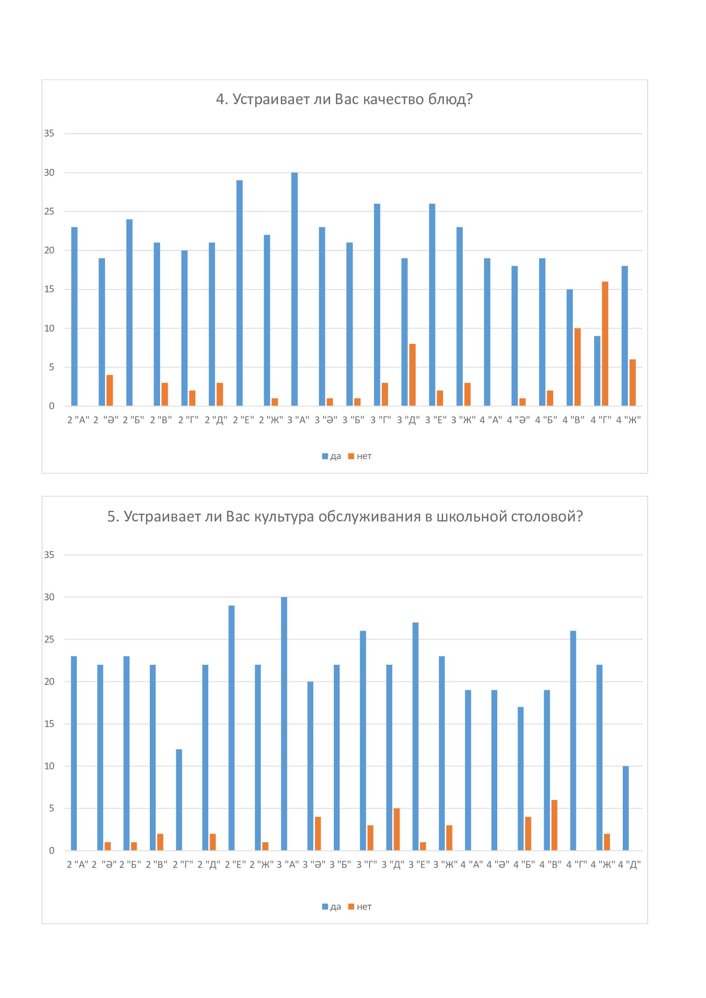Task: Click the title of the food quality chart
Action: pos(344,99)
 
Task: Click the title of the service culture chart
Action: pos(344,516)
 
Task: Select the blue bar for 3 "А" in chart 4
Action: pos(295,289)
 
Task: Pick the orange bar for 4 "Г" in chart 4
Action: pos(605,344)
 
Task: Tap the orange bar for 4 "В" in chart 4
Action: pos(578,367)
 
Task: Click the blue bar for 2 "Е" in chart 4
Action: pos(239,293)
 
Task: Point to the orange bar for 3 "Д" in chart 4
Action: pos(412,375)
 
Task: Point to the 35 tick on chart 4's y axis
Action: pos(49,134)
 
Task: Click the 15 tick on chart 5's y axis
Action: pos(49,724)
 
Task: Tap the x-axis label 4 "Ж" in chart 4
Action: pos(628,420)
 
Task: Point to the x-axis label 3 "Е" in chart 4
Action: pos(436,420)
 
